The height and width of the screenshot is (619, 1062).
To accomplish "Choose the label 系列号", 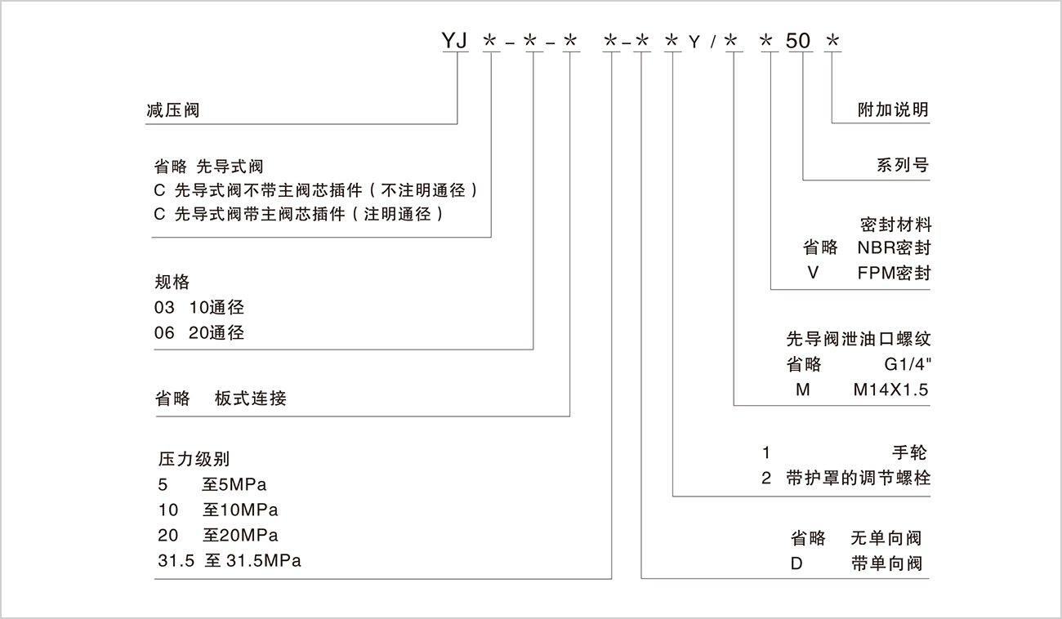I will [903, 165].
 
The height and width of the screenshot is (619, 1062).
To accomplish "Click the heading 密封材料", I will [895, 224].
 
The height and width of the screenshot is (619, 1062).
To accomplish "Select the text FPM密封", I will [894, 274].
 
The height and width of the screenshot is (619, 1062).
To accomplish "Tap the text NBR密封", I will [894, 248].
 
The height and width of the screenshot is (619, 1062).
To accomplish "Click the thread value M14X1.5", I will [890, 390].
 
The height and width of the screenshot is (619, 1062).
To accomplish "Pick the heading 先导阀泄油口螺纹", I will [858, 339].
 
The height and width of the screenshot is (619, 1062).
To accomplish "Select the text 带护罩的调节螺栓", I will [868, 479].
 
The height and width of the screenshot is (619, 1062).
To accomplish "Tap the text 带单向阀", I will [886, 563].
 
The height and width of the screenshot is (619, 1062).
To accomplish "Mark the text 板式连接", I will [251, 399].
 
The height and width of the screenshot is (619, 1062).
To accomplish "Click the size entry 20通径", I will [216, 333].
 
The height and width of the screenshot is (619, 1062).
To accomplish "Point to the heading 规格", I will [172, 282].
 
